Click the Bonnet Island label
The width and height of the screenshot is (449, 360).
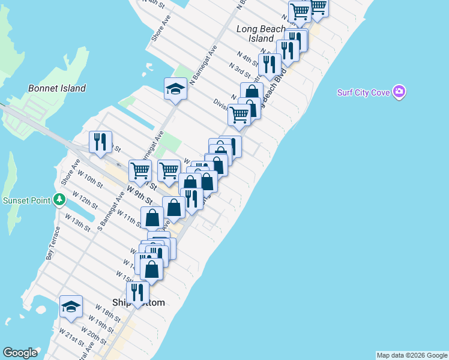coord(57,88)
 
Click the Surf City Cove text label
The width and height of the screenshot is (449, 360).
coord(363,92)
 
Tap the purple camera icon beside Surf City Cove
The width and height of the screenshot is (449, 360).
coord(399,92)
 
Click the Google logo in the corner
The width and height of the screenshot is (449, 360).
coord(20,353)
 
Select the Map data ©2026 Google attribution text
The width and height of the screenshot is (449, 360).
coord(412,355)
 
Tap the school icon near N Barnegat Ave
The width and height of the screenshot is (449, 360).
coord(176,89)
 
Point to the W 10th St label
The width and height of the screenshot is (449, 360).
coord(91,179)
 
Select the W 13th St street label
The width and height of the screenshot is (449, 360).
coord(77,222)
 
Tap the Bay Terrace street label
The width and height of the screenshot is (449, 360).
coord(52,242)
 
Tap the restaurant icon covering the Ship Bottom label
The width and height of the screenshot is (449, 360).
coord(137,292)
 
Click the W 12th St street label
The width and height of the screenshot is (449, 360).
coord(85,200)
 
